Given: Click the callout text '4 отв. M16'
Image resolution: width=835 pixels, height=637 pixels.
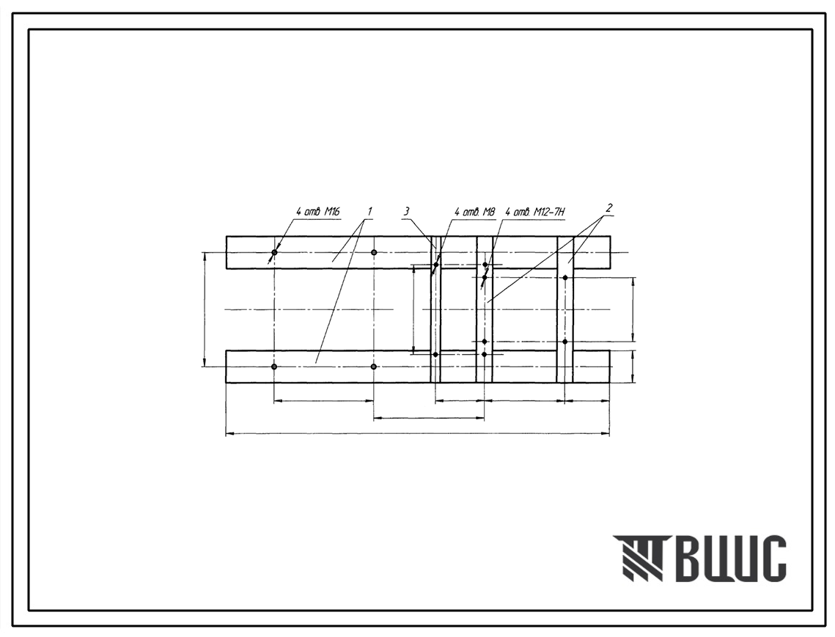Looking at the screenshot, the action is click(318, 212).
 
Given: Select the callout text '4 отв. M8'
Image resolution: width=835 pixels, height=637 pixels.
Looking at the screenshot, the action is click(474, 212).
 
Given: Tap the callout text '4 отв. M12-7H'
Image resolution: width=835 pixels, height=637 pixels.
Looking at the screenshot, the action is click(534, 212).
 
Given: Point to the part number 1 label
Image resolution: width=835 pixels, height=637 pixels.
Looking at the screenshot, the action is click(369, 211).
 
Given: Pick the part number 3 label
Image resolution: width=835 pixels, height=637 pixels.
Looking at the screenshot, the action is click(406, 211).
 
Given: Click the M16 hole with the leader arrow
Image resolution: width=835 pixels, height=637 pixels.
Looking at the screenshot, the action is click(274, 252).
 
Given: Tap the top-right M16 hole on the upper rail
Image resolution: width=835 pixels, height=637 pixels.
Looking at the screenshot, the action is click(374, 252).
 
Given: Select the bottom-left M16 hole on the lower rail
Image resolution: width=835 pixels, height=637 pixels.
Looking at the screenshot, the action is click(274, 367).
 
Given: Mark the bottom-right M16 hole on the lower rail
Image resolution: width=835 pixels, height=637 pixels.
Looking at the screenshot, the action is click(374, 367).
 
